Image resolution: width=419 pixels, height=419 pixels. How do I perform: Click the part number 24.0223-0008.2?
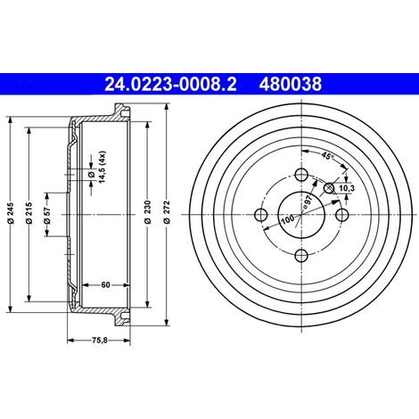(171, 84)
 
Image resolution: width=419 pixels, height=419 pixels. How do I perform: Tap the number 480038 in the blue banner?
(291, 84)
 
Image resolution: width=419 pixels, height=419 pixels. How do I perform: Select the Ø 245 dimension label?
(11, 213)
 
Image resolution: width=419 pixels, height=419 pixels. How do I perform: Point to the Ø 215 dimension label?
(29, 213)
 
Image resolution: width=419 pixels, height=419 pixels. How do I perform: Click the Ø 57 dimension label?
(47, 215)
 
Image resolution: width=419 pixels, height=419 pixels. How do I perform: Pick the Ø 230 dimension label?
(148, 212)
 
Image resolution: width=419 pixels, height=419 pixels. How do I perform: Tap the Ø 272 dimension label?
(167, 212)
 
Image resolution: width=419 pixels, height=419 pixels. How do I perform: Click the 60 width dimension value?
(105, 285)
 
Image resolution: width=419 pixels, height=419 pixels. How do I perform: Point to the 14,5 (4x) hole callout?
(97, 167)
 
